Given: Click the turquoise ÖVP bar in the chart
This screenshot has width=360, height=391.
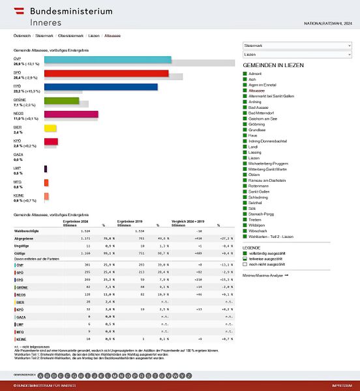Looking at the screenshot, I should pos(108,59).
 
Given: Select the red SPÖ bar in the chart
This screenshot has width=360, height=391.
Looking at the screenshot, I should pos(106,73).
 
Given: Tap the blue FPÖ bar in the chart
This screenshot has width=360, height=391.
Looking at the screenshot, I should pos(100,87).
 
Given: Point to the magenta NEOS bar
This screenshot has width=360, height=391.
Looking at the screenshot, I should pos(71,115).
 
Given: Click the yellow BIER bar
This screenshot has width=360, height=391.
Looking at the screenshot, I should pos(50,128).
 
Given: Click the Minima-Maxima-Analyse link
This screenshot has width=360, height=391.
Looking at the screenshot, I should pos(267,276).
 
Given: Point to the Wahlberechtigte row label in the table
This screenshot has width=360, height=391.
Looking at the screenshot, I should pos(27,231).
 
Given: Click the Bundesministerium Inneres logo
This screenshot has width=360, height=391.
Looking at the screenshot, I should pos(63,16).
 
